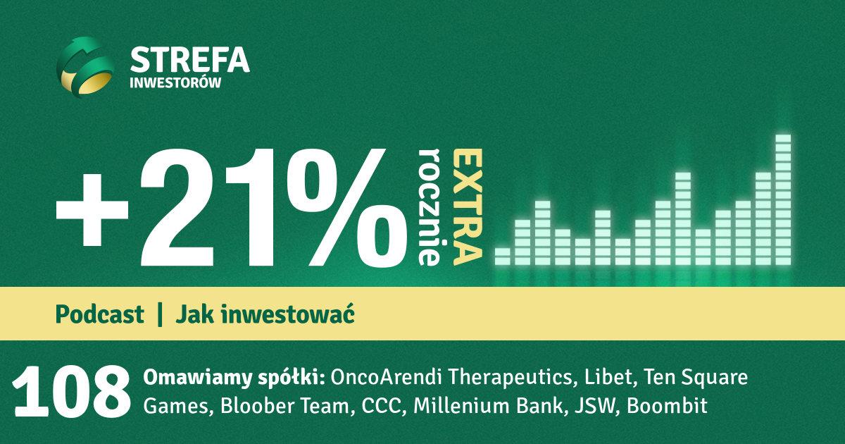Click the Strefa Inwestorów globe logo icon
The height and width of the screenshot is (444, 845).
pos(86,67)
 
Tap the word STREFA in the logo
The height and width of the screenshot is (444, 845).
pos(189,60)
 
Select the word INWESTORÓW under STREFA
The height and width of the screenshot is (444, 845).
pos(175,82)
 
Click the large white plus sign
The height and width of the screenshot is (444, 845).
pos(92,210)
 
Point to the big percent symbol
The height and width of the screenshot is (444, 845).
pos(347,207)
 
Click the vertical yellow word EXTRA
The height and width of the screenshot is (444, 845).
pos(468,207)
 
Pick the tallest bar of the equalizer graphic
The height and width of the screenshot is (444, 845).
pos(783,199)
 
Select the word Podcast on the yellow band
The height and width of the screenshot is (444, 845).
pos(99,314)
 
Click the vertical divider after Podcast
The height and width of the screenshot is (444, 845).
pos(160,314)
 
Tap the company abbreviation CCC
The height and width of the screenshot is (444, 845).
pos(382,406)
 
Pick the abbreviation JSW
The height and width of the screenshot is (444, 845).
pos(596,406)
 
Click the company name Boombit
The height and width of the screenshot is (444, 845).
pos(667,406)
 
